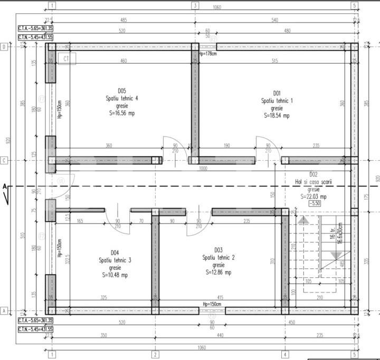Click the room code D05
121,90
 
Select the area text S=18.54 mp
276,115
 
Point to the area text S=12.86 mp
218,273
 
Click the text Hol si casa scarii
313,182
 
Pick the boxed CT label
66,59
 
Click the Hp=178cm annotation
207,53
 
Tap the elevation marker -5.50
315,203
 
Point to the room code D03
218,250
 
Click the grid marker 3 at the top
195,6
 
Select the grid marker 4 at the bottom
284,354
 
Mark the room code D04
115,252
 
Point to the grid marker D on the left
4,46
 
